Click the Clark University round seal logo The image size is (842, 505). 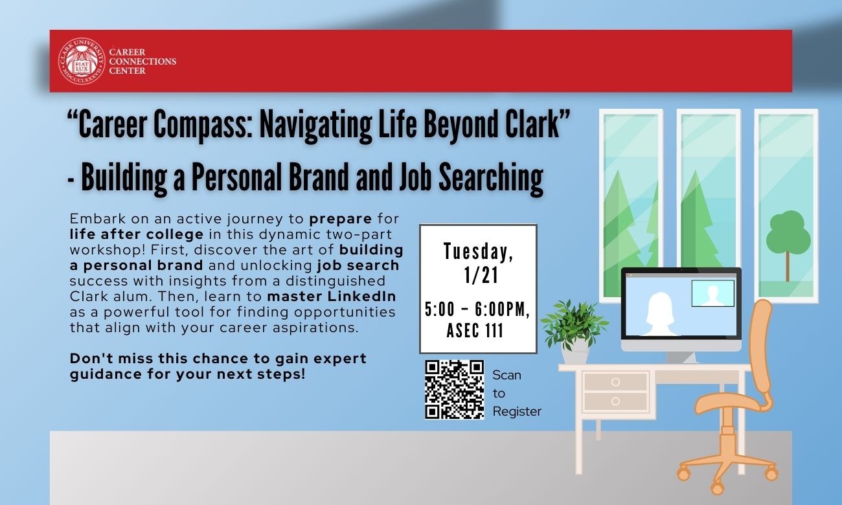(x=82, y=61)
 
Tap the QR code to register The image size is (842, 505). (x=455, y=389)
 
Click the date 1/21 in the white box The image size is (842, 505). (x=481, y=275)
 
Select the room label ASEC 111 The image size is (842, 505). (x=475, y=331)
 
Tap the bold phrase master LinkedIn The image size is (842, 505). (x=332, y=297)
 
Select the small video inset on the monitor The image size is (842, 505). (x=712, y=293)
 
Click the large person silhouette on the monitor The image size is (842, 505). (x=660, y=314)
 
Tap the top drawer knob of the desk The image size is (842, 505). (x=615, y=382)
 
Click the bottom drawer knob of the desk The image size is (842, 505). (x=615, y=401)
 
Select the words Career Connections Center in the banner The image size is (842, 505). (x=142, y=62)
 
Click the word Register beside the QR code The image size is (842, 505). (x=517, y=411)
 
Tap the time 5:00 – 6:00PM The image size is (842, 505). (x=477, y=310)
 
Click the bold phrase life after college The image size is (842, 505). (x=137, y=234)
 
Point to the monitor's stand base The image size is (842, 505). (x=681, y=357)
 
